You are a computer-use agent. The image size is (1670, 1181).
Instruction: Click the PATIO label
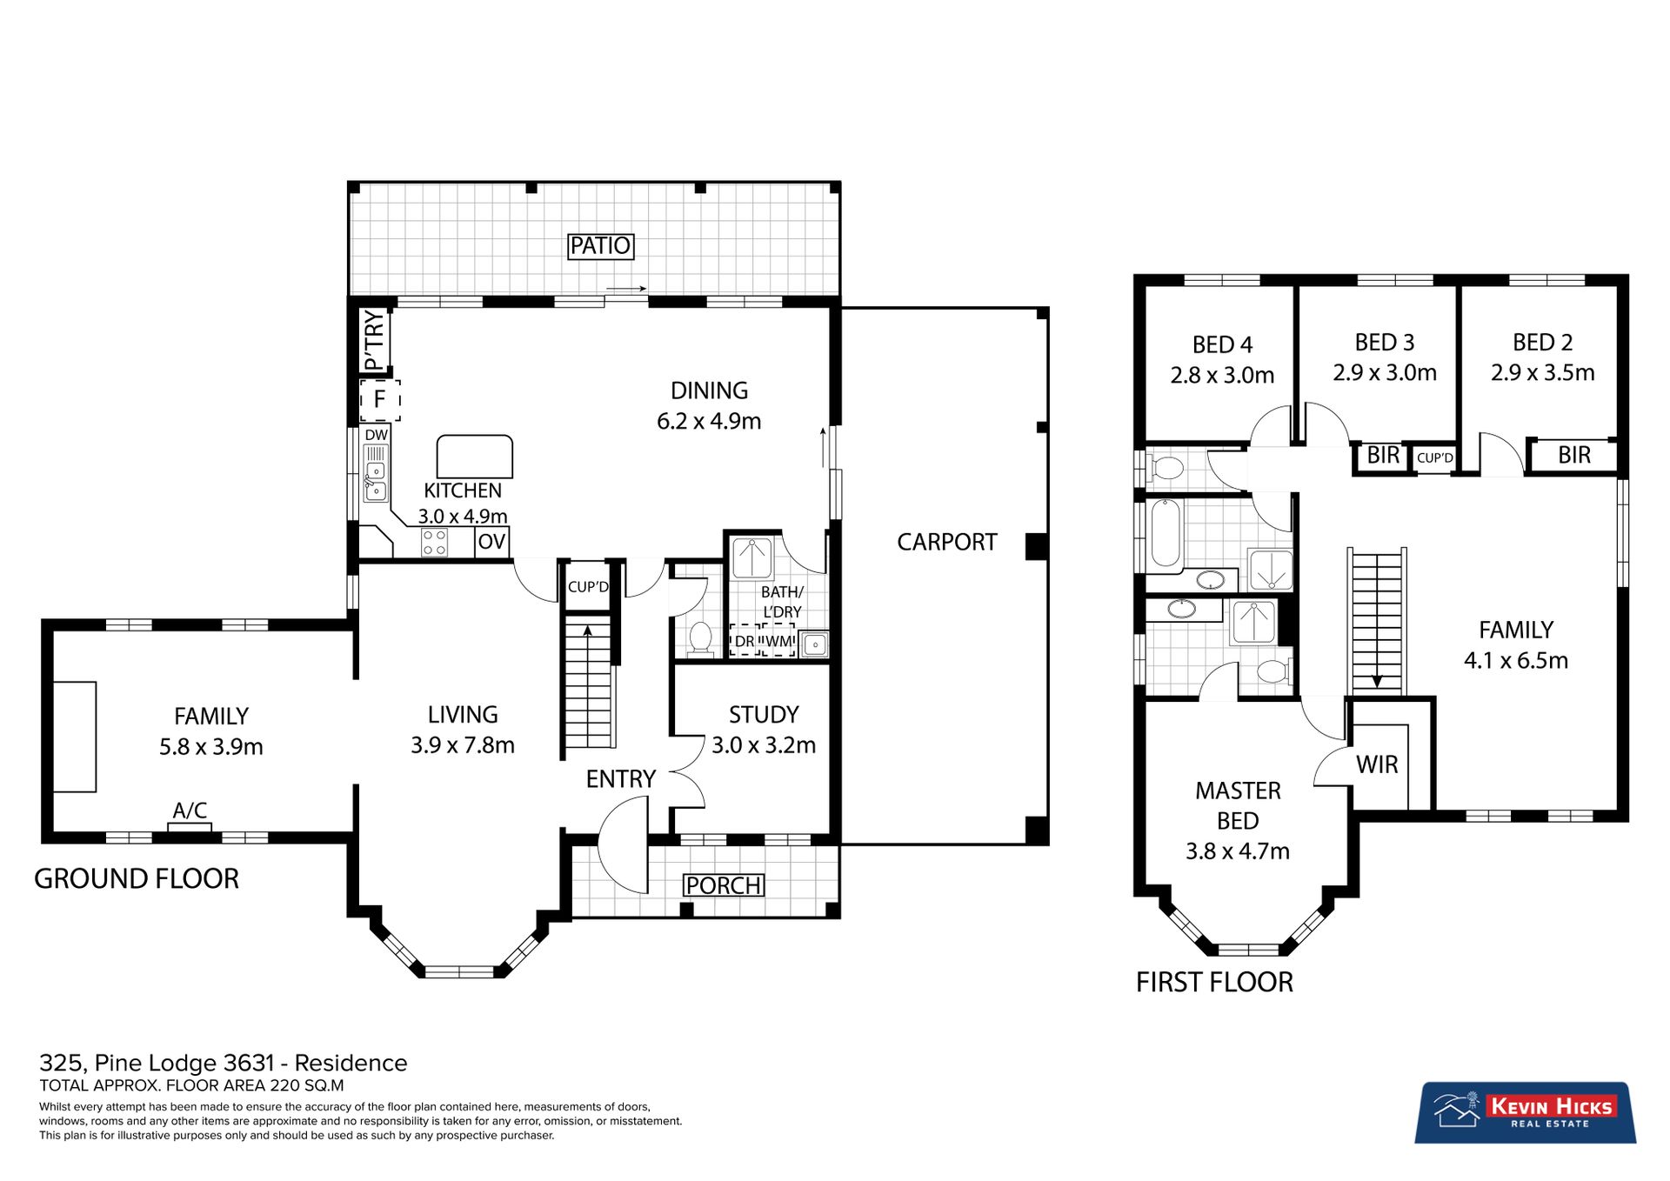[x=600, y=246]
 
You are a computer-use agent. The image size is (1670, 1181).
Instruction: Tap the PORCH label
[x=724, y=885]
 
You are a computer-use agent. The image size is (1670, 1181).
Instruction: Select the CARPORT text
[x=946, y=542]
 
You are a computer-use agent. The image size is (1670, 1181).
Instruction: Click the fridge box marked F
[x=380, y=400]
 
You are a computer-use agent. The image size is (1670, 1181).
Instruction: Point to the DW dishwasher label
[x=376, y=435]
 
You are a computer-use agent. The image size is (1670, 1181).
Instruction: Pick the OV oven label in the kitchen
[x=491, y=542]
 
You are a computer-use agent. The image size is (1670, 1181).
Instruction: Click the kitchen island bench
[x=474, y=457]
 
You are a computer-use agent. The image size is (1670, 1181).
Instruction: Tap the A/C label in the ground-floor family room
[x=190, y=811]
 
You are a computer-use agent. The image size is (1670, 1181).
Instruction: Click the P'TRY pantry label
[x=374, y=341]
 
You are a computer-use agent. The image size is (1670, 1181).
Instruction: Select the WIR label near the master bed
[x=1377, y=764]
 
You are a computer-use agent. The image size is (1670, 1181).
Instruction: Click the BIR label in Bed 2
[x=1573, y=455]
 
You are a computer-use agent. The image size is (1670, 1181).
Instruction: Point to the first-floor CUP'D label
[x=1434, y=457]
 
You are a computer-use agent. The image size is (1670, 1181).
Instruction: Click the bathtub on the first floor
[x=1166, y=532]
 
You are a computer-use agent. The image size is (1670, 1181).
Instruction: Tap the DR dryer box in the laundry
[x=745, y=641]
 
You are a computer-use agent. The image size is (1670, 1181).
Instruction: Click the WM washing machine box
[x=778, y=641]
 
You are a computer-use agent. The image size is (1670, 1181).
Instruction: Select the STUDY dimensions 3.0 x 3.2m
[x=764, y=745]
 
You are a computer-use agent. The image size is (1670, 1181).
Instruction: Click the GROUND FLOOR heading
[x=137, y=878]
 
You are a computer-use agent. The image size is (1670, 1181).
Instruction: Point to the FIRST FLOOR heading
[x=1214, y=982]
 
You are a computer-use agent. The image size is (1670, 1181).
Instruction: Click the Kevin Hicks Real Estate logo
[x=1526, y=1112]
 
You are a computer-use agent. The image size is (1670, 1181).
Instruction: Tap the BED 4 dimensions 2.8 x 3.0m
[x=1222, y=376]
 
